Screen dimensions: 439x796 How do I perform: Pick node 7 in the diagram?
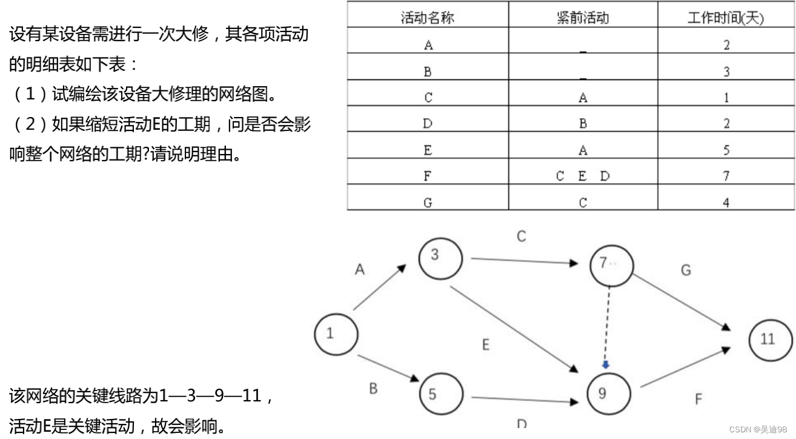[x=611, y=264]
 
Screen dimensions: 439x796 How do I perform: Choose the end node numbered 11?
[x=770, y=338]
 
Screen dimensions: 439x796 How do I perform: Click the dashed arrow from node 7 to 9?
[x=607, y=327]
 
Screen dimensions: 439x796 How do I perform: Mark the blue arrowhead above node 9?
[x=605, y=364]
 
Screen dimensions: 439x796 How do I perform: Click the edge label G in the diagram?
[x=686, y=270]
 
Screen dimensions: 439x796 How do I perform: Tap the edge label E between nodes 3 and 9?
[x=486, y=345]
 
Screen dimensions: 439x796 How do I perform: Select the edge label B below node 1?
[x=373, y=389]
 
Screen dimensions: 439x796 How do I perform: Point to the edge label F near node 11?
[x=698, y=400]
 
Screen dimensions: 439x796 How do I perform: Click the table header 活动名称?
[x=428, y=18]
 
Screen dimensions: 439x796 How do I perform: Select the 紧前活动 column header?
[x=583, y=18]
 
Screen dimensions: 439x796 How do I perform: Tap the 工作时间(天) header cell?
[x=726, y=18]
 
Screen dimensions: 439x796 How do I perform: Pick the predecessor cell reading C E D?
[x=583, y=176]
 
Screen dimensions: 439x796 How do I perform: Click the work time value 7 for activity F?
[x=726, y=176]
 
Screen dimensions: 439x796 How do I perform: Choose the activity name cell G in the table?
[x=428, y=203]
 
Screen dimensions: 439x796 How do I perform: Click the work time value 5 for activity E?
[x=726, y=150]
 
